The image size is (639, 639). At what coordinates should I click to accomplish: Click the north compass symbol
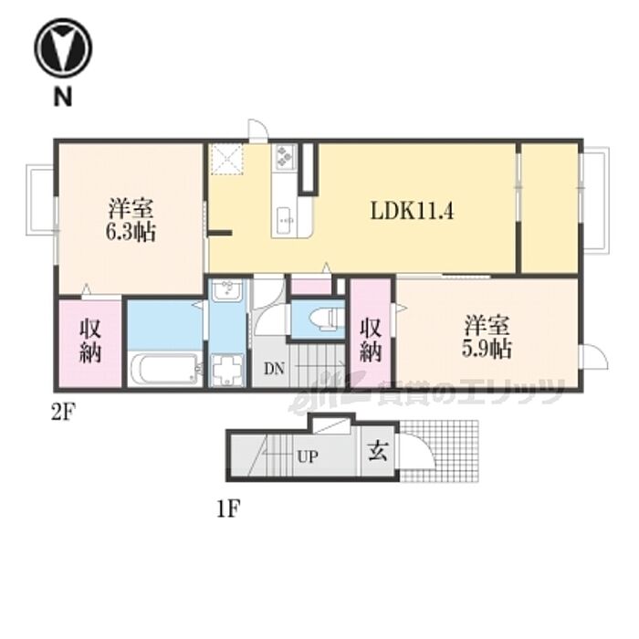63,47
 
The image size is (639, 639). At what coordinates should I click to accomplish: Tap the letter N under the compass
63,98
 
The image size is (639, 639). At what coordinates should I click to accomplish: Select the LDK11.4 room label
412,211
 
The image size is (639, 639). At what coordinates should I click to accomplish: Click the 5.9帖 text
487,349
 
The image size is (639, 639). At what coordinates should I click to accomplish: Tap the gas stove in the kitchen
284,157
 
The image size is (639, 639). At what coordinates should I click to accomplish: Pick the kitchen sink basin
285,221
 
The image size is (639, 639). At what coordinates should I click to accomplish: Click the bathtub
165,369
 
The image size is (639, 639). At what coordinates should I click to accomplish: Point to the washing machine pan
227,370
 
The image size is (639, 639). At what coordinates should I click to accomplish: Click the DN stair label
274,369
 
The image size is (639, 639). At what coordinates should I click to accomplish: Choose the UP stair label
308,457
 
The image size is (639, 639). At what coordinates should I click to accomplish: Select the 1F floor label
227,508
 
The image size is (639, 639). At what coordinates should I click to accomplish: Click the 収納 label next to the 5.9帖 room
371,340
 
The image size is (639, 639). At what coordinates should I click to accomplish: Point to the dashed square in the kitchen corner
226,159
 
